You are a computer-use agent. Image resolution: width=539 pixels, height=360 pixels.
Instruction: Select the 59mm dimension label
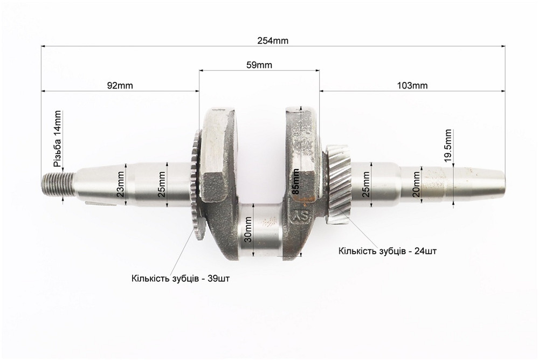(259, 65)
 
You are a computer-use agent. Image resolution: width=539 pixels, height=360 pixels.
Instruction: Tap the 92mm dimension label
(120, 86)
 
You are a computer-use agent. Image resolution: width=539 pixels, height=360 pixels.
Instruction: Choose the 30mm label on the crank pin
(248, 231)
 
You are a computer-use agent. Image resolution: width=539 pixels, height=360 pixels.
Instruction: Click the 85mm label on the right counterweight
(295, 182)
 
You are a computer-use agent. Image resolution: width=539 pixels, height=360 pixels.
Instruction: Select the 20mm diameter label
(416, 185)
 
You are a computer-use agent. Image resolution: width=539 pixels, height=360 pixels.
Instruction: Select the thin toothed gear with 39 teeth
(192, 183)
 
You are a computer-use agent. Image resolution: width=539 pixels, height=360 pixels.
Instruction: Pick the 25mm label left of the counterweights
(162, 185)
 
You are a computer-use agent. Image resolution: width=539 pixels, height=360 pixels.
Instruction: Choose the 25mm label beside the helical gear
(367, 185)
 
